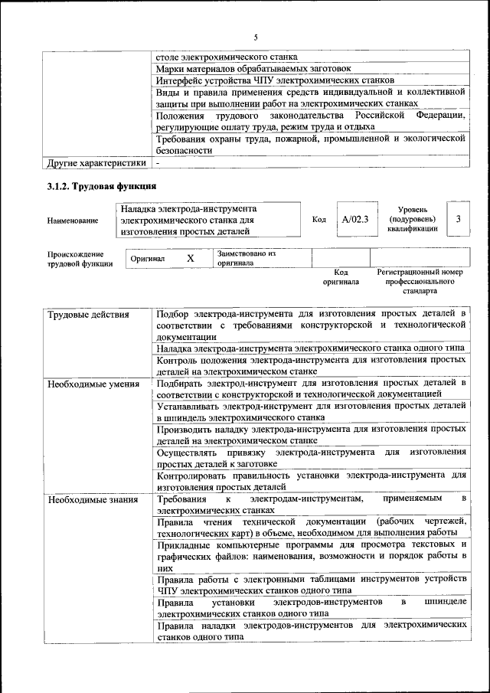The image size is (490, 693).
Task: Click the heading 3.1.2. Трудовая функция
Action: [x=102, y=186]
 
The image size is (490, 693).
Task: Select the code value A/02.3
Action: [x=355, y=220]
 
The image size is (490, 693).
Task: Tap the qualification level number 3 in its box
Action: [x=458, y=219]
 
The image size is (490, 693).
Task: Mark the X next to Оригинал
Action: [x=191, y=259]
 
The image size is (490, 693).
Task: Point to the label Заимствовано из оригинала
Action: [x=246, y=257]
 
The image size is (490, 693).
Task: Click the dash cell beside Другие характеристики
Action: [x=158, y=163]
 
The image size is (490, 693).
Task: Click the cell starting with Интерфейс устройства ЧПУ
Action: [x=275, y=80]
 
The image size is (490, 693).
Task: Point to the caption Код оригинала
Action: [x=341, y=277]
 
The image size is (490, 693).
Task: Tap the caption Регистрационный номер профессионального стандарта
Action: [x=420, y=282]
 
